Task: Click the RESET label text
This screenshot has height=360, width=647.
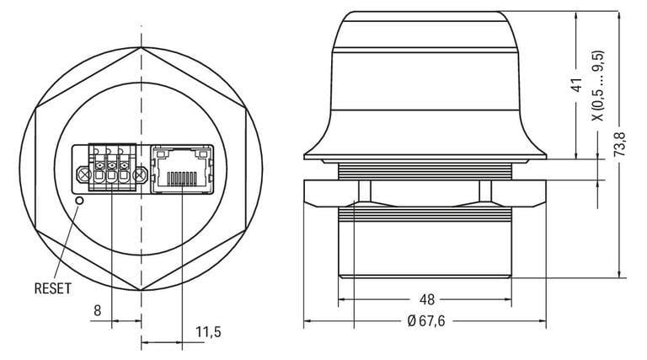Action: pos(52,288)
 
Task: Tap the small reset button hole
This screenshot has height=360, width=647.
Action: pos(80,201)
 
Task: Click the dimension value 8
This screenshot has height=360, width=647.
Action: pos(98,310)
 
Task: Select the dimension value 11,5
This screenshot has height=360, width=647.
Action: pos(208,331)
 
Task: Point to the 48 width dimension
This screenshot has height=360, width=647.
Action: pos(426,299)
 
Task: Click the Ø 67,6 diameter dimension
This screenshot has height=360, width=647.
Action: pos(426,320)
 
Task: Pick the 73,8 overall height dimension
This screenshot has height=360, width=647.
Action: pos(619,144)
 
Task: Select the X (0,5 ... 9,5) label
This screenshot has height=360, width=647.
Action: pos(598,86)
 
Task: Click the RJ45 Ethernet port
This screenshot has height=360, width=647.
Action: pos(182,169)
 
